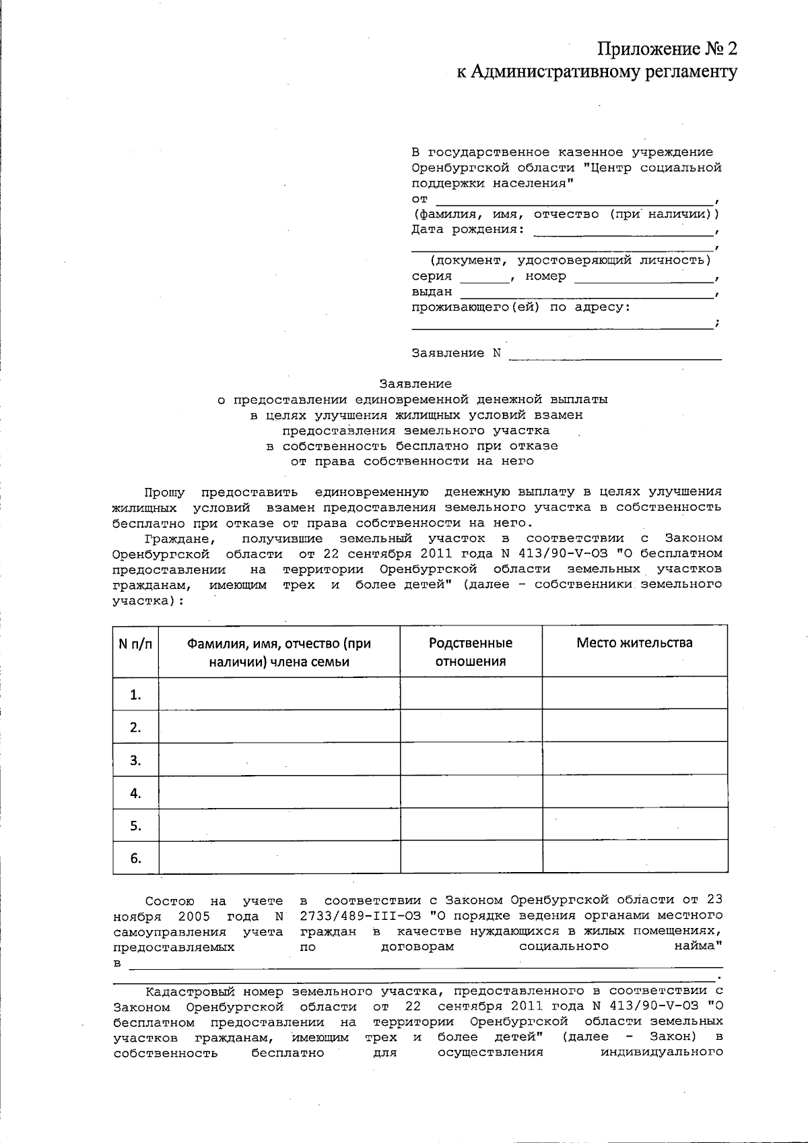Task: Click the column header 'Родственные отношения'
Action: click(471, 652)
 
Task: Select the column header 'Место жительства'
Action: click(634, 643)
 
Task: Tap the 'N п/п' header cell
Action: click(135, 644)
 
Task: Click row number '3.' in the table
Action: click(135, 760)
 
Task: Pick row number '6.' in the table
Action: click(135, 858)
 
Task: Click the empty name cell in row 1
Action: click(279, 693)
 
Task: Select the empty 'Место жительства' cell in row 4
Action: click(634, 793)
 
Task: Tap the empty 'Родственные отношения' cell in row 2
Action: click(471, 727)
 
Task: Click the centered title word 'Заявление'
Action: click(415, 384)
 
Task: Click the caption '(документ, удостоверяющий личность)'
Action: click(570, 260)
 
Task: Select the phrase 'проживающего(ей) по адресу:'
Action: click(521, 307)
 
